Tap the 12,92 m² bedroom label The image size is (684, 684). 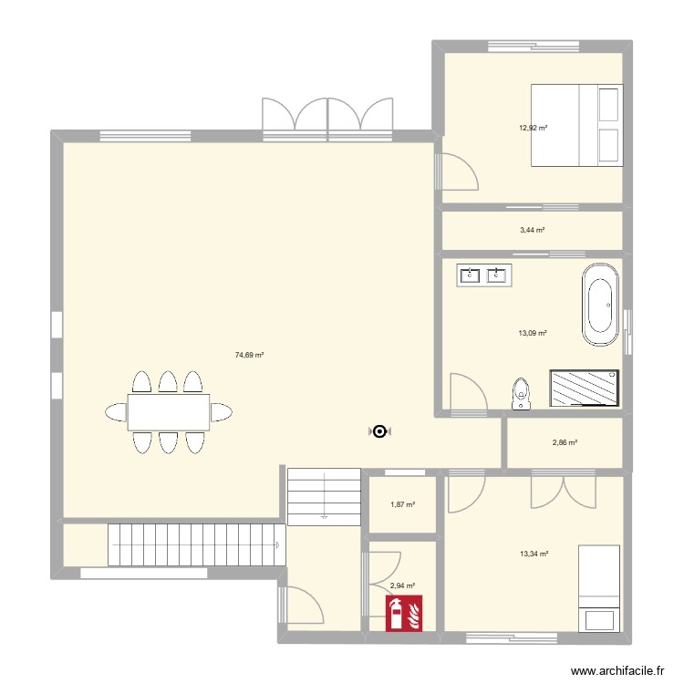click(x=533, y=128)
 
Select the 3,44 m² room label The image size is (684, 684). click(x=533, y=231)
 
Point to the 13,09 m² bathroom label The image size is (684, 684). click(x=533, y=334)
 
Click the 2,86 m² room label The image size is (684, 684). click(x=565, y=443)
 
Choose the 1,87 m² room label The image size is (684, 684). click(x=402, y=504)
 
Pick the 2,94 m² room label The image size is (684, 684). click(x=402, y=586)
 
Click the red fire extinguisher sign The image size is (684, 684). click(x=403, y=613)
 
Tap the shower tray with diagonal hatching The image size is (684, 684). click(x=584, y=388)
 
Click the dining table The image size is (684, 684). click(x=168, y=412)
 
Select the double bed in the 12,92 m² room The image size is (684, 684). click(x=576, y=125)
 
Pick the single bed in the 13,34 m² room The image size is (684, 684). click(x=600, y=587)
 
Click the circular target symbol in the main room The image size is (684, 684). click(x=379, y=431)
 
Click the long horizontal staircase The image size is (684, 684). click(x=192, y=544)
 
